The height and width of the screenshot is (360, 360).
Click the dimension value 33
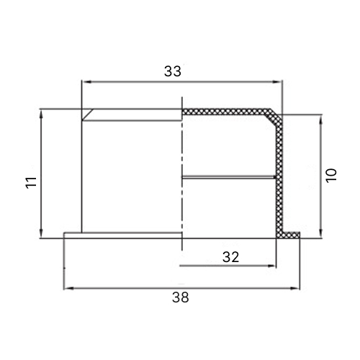(172, 71)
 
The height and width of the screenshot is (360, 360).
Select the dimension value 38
(181, 297)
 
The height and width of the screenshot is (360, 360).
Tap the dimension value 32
(231, 257)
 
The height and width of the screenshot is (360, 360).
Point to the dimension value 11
(32, 182)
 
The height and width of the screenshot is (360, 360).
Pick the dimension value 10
(331, 176)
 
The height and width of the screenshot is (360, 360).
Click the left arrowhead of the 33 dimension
(86, 82)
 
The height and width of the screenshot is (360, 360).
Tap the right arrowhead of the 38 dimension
(295, 288)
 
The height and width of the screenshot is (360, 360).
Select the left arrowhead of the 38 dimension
(68, 288)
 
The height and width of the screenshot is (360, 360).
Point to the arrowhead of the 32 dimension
(271, 266)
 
